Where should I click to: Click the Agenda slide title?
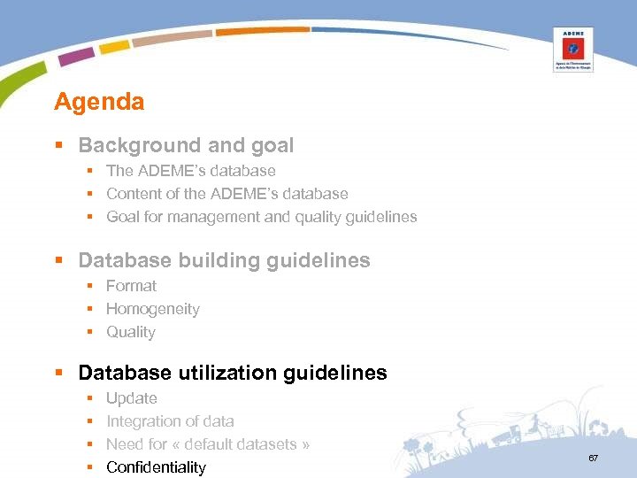(x=99, y=102)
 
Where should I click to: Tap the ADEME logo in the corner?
(x=572, y=49)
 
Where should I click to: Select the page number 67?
(x=593, y=458)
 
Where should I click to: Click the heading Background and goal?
(x=186, y=145)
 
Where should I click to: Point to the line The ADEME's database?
(x=190, y=171)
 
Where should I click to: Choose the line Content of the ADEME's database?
(x=226, y=194)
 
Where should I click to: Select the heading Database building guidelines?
(x=224, y=260)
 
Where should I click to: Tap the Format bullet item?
(x=131, y=286)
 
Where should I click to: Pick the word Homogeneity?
(x=152, y=309)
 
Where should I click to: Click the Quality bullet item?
(x=130, y=332)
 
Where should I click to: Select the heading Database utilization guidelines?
(x=233, y=373)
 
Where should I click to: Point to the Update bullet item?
(x=132, y=398)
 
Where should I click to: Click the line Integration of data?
(x=170, y=421)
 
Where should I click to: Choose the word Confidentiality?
(x=156, y=467)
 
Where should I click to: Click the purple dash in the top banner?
(x=77, y=56)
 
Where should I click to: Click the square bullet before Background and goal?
(x=58, y=146)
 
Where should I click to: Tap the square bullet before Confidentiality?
(x=90, y=467)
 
